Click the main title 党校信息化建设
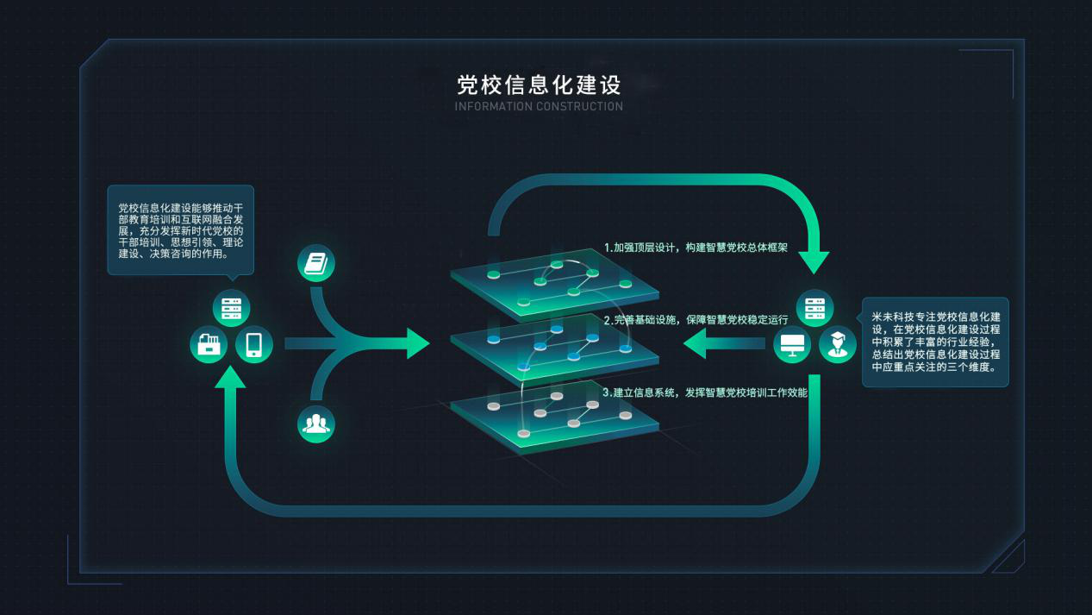pyautogui.click(x=539, y=85)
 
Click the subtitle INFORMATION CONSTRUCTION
pyautogui.click(x=539, y=106)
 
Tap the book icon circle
pyautogui.click(x=316, y=263)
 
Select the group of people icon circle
pyautogui.click(x=316, y=424)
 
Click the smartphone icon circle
pyautogui.click(x=254, y=345)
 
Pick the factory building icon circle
pyautogui.click(x=209, y=345)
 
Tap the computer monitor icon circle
pyautogui.click(x=792, y=345)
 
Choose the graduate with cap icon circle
pyautogui.click(x=838, y=345)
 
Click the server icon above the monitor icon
pyautogui.click(x=814, y=308)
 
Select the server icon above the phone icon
pyautogui.click(x=232, y=308)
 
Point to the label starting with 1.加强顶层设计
pyautogui.click(x=696, y=248)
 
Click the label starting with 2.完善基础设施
pyautogui.click(x=696, y=320)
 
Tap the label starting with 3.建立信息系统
pyautogui.click(x=705, y=392)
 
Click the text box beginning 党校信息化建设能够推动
pyautogui.click(x=180, y=230)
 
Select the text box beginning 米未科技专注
pyautogui.click(x=935, y=342)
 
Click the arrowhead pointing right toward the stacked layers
pyautogui.click(x=417, y=344)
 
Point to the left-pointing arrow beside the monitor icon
pyautogui.click(x=725, y=344)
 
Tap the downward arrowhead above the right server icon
pyautogui.click(x=814, y=262)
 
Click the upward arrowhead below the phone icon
pyautogui.click(x=230, y=377)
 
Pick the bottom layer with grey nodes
pyautogui.click(x=555, y=417)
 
